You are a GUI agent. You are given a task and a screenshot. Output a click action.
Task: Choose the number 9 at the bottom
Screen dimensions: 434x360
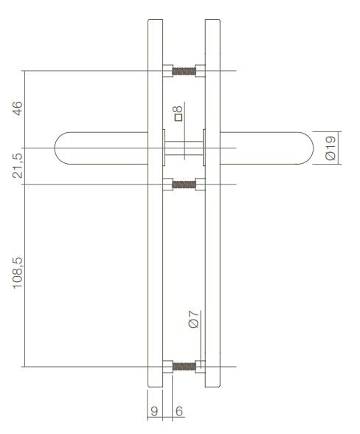(x=155, y=411)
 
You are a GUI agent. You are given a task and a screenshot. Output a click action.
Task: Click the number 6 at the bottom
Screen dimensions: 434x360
(x=179, y=411)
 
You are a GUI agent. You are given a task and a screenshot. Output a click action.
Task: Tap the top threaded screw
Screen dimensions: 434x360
(x=184, y=72)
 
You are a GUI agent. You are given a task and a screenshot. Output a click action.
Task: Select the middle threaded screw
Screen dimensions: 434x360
(x=184, y=184)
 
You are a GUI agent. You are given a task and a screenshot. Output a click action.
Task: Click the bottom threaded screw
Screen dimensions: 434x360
(x=184, y=365)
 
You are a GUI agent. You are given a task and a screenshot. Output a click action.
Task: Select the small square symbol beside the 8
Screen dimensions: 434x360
(x=178, y=117)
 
